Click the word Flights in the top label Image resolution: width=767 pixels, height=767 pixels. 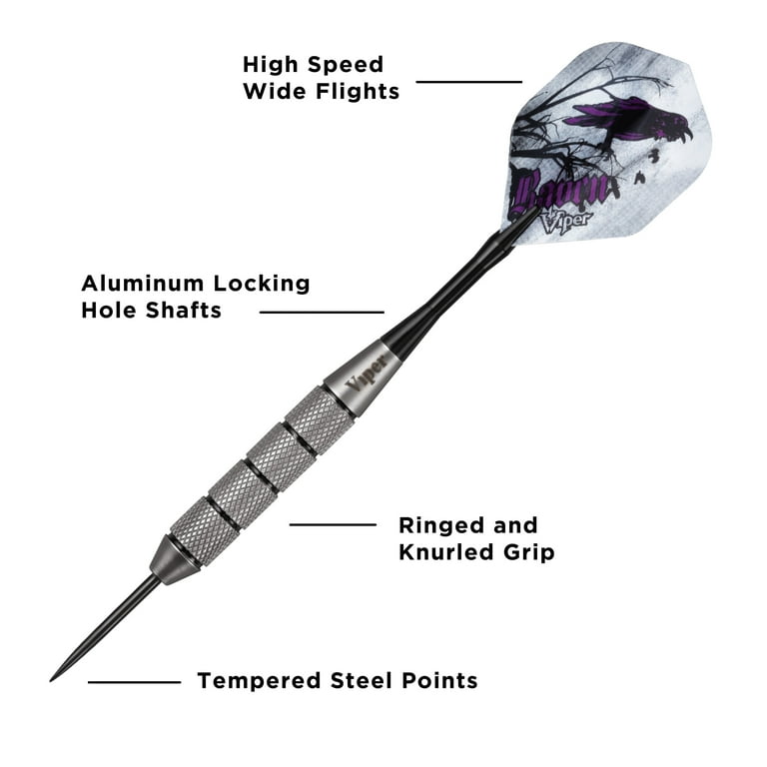(358, 92)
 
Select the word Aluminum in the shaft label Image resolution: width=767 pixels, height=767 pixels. (143, 284)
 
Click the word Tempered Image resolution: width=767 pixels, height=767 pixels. (259, 681)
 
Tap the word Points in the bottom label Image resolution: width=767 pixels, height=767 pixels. (439, 680)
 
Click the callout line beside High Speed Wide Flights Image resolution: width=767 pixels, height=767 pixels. (468, 82)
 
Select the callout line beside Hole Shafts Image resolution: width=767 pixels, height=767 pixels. (322, 312)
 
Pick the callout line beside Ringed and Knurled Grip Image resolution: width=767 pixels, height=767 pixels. (333, 525)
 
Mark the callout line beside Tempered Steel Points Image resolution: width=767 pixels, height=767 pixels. (135, 682)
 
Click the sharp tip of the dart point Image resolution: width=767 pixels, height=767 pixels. (50, 680)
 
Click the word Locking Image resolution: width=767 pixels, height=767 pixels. (262, 285)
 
